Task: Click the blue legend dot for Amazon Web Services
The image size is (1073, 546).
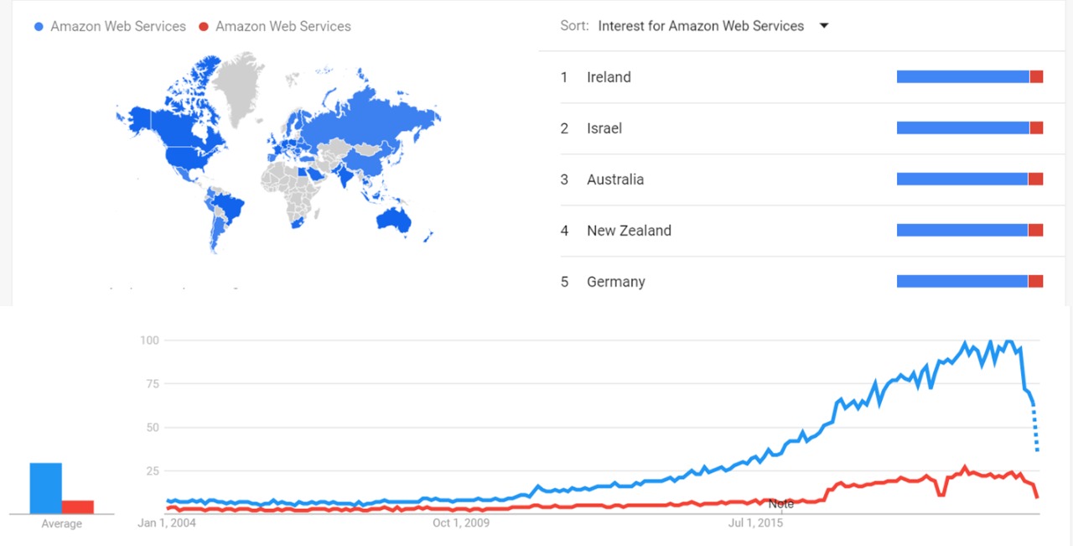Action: click(39, 27)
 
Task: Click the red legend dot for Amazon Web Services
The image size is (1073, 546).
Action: click(204, 27)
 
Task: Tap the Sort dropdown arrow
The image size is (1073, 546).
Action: click(823, 26)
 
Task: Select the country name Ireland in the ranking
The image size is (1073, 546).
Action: click(609, 77)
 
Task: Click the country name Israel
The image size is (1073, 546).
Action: click(604, 128)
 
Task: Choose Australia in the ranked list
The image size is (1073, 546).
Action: click(615, 179)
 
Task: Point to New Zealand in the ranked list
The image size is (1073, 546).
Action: click(629, 231)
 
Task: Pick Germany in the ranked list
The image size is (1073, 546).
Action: click(616, 282)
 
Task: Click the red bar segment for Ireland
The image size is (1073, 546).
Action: click(1036, 77)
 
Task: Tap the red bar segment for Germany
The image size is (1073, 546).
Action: click(1035, 282)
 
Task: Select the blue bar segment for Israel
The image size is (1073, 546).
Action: click(962, 128)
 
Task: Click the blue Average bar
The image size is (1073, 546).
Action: click(45, 487)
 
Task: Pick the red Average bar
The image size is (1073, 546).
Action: click(77, 506)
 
